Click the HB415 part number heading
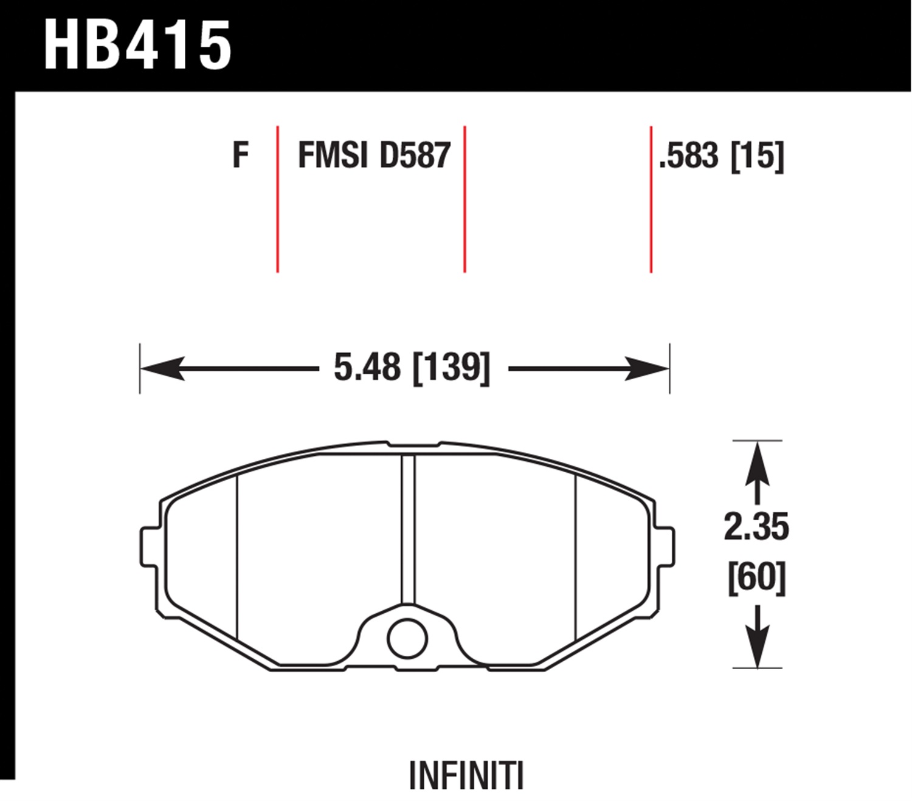tap(137, 45)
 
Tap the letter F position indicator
tap(240, 155)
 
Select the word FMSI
tap(333, 155)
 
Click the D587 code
tap(415, 155)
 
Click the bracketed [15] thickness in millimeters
tap(757, 156)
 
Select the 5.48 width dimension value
tap(367, 368)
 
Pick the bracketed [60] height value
tap(757, 578)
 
